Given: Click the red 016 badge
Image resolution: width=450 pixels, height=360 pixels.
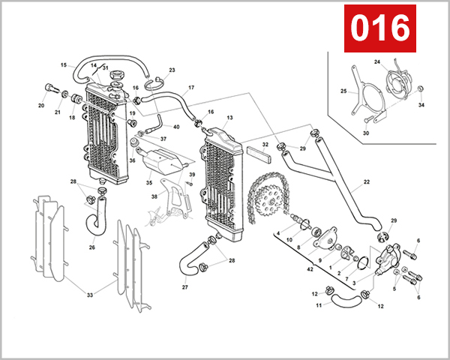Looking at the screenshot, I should [379, 29].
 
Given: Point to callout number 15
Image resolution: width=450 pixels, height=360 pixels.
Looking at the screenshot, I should [63, 65].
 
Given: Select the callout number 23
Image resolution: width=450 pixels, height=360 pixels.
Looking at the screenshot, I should [172, 70].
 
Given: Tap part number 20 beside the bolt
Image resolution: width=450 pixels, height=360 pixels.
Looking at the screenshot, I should [41, 106].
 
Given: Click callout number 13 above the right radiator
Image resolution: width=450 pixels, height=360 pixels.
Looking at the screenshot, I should [229, 118].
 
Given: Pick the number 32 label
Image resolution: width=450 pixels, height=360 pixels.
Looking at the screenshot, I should [265, 145].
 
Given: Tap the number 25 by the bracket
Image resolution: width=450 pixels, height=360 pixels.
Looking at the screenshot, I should [343, 91].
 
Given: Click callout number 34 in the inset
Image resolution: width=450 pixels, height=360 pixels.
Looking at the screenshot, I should [421, 106].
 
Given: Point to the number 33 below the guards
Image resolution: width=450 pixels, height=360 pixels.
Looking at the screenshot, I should [89, 295].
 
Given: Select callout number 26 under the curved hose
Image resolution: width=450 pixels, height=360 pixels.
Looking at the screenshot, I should [91, 247].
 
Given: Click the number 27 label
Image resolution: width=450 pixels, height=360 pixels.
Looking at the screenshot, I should [184, 286].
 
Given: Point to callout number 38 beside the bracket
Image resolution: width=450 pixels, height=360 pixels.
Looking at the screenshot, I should [154, 196].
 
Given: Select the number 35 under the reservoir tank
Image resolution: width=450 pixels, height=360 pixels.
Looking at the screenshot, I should [148, 182].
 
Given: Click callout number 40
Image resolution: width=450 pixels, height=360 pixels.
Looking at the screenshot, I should [176, 127].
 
